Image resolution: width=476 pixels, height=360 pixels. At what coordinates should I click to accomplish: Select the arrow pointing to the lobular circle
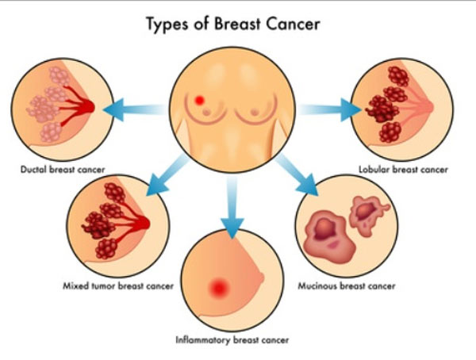329,109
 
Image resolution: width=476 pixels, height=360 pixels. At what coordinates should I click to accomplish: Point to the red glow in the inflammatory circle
217,289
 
